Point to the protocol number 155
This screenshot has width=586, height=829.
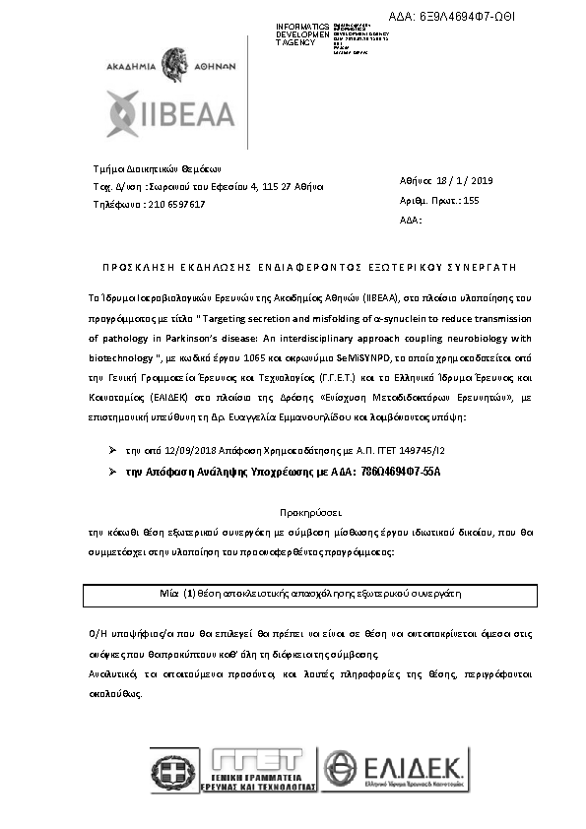pyautogui.click(x=470, y=200)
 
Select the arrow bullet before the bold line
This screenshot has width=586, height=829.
pyautogui.click(x=113, y=473)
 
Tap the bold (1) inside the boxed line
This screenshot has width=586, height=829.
pyautogui.click(x=191, y=595)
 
